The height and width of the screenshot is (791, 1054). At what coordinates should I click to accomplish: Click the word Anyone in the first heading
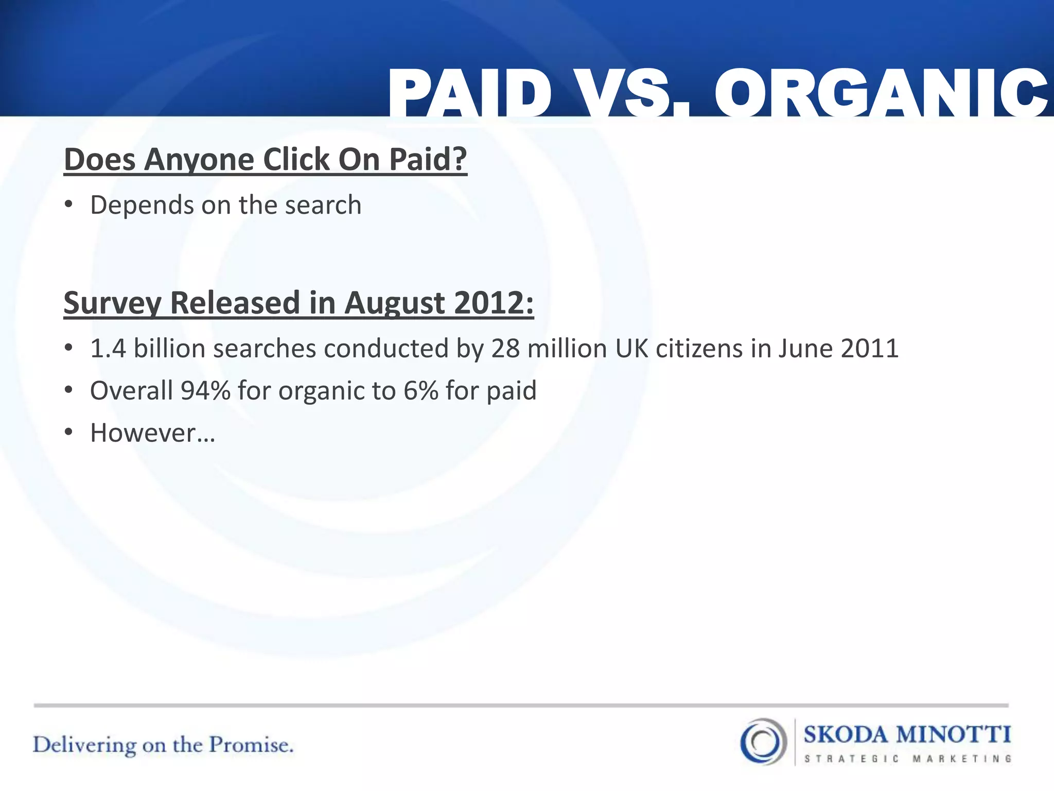pos(199,160)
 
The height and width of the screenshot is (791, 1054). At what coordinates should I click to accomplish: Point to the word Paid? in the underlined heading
pos(428,160)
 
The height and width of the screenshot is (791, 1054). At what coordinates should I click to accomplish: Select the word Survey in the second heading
pos(112,303)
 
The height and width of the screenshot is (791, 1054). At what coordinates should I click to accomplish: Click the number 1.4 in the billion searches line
pos(108,349)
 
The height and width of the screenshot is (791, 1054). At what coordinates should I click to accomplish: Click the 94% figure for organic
pos(205,391)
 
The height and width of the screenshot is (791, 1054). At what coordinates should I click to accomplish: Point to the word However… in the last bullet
pos(153,433)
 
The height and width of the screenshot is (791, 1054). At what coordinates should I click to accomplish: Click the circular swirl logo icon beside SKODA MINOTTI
pos(763,742)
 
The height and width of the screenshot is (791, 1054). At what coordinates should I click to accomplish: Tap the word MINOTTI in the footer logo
pos(954,734)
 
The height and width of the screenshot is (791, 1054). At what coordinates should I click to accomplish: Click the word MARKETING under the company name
pos(962,759)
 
